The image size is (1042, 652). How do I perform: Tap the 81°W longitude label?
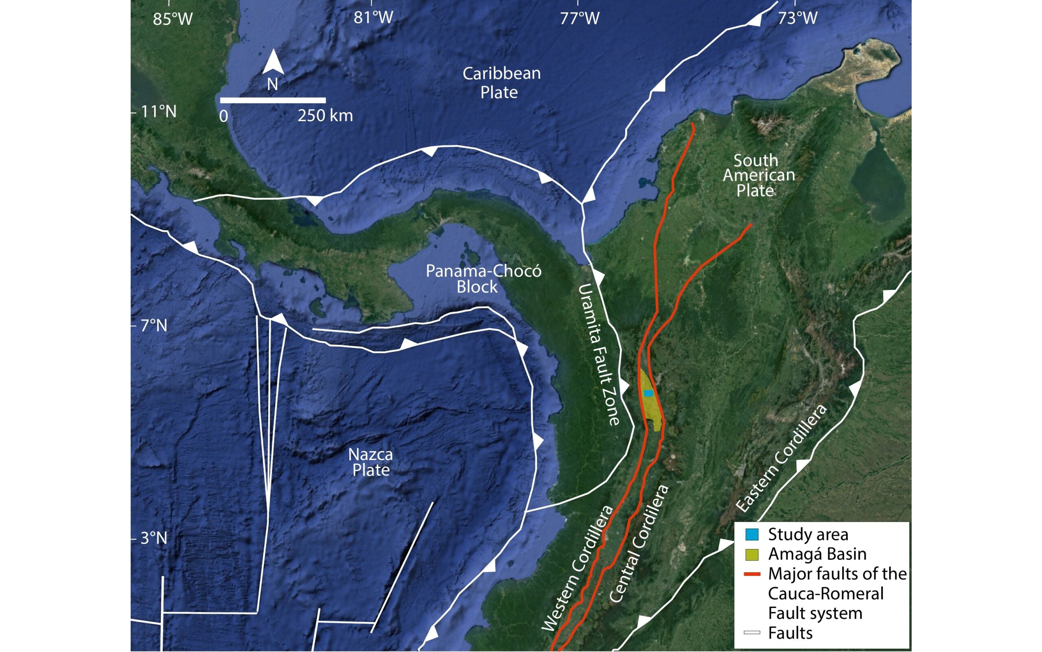click(x=374, y=18)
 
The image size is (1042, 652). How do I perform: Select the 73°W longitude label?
click(x=798, y=18)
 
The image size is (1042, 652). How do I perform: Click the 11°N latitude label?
click(x=159, y=112)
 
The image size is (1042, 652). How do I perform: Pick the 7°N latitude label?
click(x=154, y=325)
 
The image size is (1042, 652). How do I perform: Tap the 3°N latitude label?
click(x=154, y=538)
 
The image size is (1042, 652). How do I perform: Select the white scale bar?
click(x=273, y=101)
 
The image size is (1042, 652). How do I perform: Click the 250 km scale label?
click(x=325, y=116)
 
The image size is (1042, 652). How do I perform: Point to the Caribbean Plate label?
click(x=501, y=82)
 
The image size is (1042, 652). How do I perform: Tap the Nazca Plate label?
click(x=371, y=462)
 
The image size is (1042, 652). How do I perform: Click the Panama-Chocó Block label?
click(x=484, y=279)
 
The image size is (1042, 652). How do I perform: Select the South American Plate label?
click(x=758, y=176)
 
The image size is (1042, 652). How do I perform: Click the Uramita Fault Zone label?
click(x=599, y=354)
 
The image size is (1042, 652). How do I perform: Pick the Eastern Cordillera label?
click(x=781, y=459)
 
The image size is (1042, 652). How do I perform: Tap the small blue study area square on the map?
click(x=648, y=393)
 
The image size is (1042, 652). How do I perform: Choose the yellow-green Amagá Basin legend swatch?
click(x=752, y=554)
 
